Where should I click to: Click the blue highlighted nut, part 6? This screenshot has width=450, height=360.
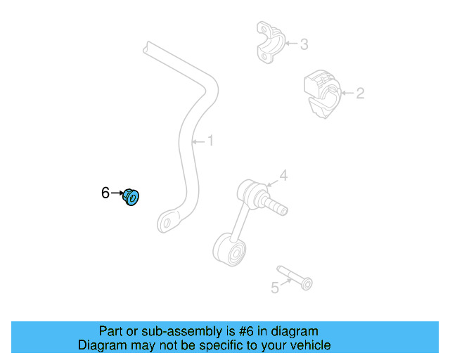(132, 198)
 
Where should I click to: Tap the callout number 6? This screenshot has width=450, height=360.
(105, 193)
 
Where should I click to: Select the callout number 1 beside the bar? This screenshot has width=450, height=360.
(210, 141)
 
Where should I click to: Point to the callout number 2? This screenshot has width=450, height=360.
(360, 93)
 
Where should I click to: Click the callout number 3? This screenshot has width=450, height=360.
(304, 45)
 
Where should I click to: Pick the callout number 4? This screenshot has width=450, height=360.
(283, 175)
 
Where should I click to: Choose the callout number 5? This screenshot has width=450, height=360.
(275, 287)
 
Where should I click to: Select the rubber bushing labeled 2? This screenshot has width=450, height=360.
(321, 94)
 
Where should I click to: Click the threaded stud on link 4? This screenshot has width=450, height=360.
(277, 206)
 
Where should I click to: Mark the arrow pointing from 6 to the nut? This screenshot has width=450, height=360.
(117, 192)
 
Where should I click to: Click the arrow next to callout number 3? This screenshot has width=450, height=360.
(290, 45)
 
